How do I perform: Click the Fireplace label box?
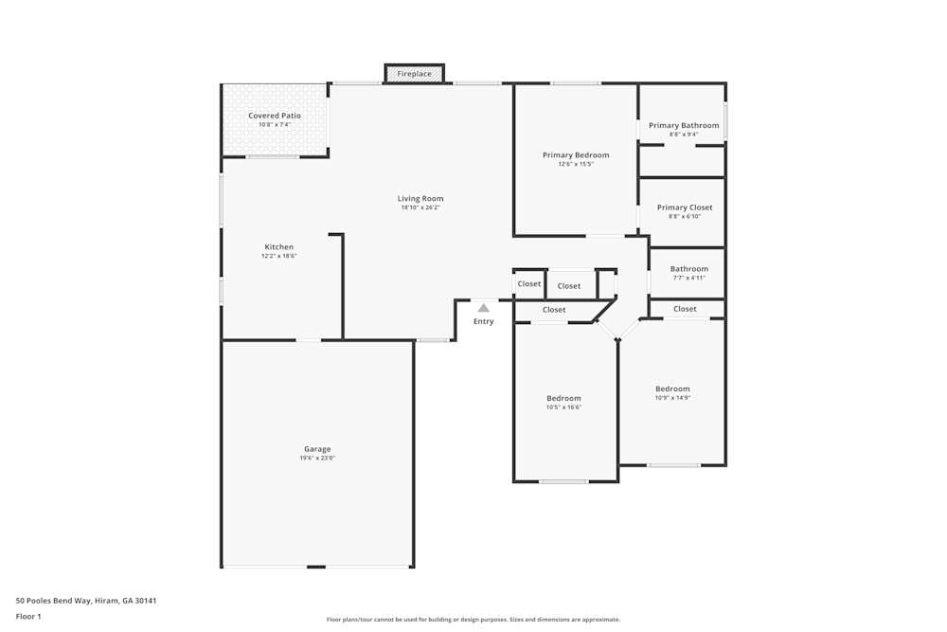pyautogui.click(x=414, y=74)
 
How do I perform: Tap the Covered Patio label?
pyautogui.click(x=275, y=116)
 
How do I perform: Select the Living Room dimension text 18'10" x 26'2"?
pyautogui.click(x=420, y=208)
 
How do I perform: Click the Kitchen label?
pyautogui.click(x=278, y=247)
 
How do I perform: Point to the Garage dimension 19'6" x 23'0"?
pyautogui.click(x=318, y=458)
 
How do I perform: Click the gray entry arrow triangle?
pyautogui.click(x=483, y=308)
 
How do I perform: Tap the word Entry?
pyautogui.click(x=483, y=322)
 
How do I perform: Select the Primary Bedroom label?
pyautogui.click(x=576, y=155)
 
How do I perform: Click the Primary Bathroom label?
pyautogui.click(x=683, y=125)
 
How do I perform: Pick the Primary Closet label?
pyautogui.click(x=685, y=208)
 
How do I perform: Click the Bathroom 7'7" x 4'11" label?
pyautogui.click(x=688, y=269)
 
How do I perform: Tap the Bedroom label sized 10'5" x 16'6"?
pyautogui.click(x=563, y=398)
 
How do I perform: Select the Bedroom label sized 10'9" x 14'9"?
pyautogui.click(x=672, y=388)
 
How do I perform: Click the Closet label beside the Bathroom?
pyautogui.click(x=685, y=309)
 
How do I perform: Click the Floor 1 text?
pyautogui.click(x=28, y=616)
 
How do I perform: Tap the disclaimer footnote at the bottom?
pyautogui.click(x=473, y=620)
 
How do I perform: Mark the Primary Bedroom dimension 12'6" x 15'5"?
pyautogui.click(x=576, y=164)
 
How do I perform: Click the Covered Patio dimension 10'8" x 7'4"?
pyautogui.click(x=275, y=124)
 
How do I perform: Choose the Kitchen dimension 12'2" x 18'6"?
pyautogui.click(x=278, y=256)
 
